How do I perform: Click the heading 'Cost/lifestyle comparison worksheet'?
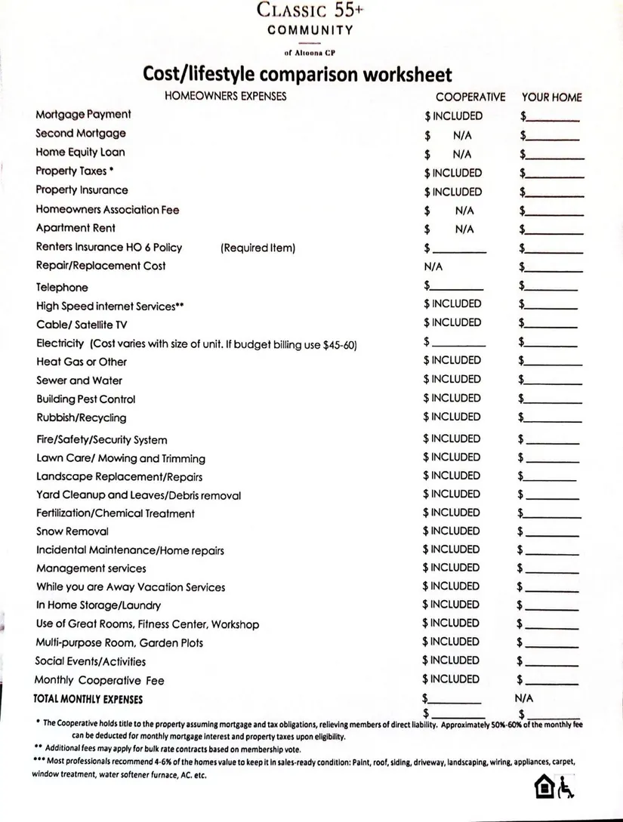pos(298,75)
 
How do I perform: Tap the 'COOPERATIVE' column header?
pos(470,97)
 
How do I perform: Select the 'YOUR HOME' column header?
pos(551,97)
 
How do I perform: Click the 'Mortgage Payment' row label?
pos(83,115)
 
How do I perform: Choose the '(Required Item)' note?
pos(258,248)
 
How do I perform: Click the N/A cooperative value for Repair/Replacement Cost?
pos(433,266)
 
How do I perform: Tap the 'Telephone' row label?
pos(62,288)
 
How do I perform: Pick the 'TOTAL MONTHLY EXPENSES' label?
pos(89,700)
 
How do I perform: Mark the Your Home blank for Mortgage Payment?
pos(554,118)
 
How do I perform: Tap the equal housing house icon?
pos(543,788)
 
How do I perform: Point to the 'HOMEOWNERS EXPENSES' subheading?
pos(225,97)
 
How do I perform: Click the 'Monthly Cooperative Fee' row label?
pos(100,680)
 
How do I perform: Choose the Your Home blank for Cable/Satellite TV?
pos(552,325)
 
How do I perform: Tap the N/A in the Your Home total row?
pos(524,698)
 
